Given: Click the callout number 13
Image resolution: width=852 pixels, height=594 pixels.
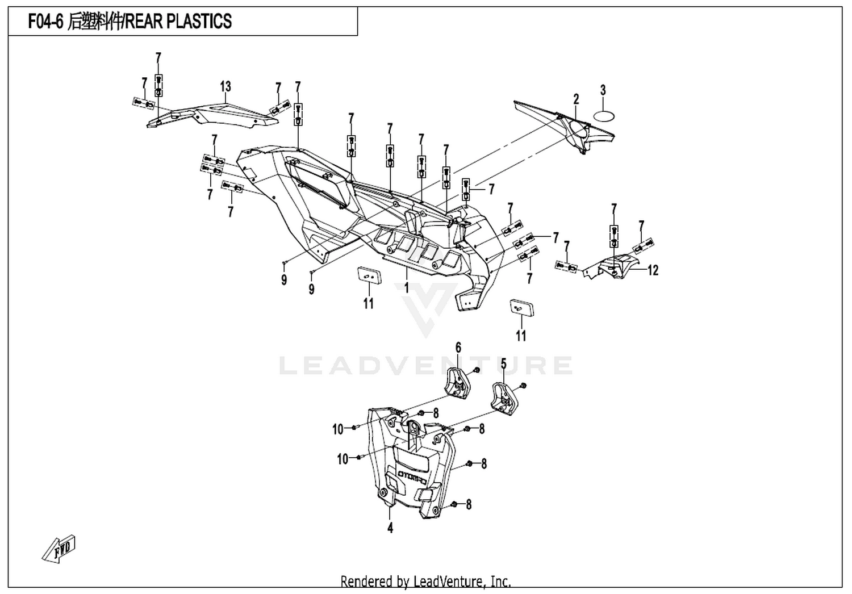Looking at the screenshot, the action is [x=225, y=87].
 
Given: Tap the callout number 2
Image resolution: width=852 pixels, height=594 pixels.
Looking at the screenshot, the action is [x=576, y=99].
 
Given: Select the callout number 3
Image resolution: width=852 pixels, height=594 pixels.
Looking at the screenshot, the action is [x=603, y=90].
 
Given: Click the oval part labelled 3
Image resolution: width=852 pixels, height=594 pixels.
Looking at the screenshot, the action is [x=604, y=116].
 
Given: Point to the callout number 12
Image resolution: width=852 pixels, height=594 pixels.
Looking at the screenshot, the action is [x=653, y=270].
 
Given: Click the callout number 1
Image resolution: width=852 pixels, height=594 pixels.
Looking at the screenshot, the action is [x=406, y=288].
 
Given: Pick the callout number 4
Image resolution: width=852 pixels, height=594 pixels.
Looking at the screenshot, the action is [x=390, y=528].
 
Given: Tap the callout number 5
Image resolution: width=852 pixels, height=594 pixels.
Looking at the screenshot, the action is [x=504, y=364].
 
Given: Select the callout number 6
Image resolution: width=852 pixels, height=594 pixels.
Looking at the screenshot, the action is [x=458, y=348].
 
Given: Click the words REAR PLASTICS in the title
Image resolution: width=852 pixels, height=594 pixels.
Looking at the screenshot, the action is [x=178, y=21].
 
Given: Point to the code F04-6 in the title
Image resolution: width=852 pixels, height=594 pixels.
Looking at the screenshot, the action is [x=45, y=21].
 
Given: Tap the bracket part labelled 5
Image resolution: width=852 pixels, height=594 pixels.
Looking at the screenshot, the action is [x=507, y=398].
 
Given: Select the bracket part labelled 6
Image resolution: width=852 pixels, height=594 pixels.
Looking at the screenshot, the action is [x=458, y=383].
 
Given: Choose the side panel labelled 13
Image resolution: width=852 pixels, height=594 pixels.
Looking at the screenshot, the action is [x=213, y=115].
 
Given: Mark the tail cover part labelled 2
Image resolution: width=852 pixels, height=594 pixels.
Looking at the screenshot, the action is [x=565, y=127].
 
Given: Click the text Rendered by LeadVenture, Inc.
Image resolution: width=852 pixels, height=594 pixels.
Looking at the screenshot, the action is [x=425, y=582].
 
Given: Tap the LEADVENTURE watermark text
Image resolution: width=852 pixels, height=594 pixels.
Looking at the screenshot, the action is [x=426, y=366].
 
